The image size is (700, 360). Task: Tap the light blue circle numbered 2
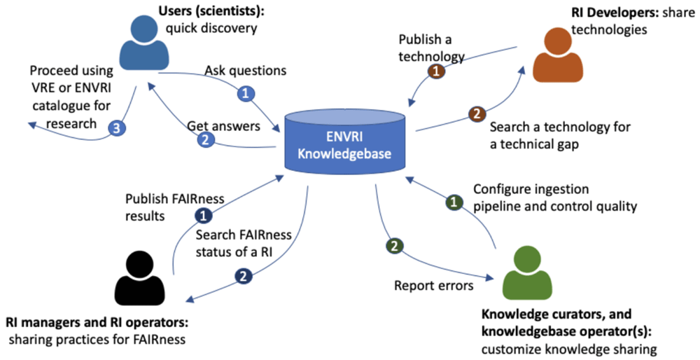(206, 140)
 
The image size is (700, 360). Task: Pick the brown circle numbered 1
(436, 71)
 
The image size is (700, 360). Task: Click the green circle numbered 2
(393, 246)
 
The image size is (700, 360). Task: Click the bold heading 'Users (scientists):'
(209, 13)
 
